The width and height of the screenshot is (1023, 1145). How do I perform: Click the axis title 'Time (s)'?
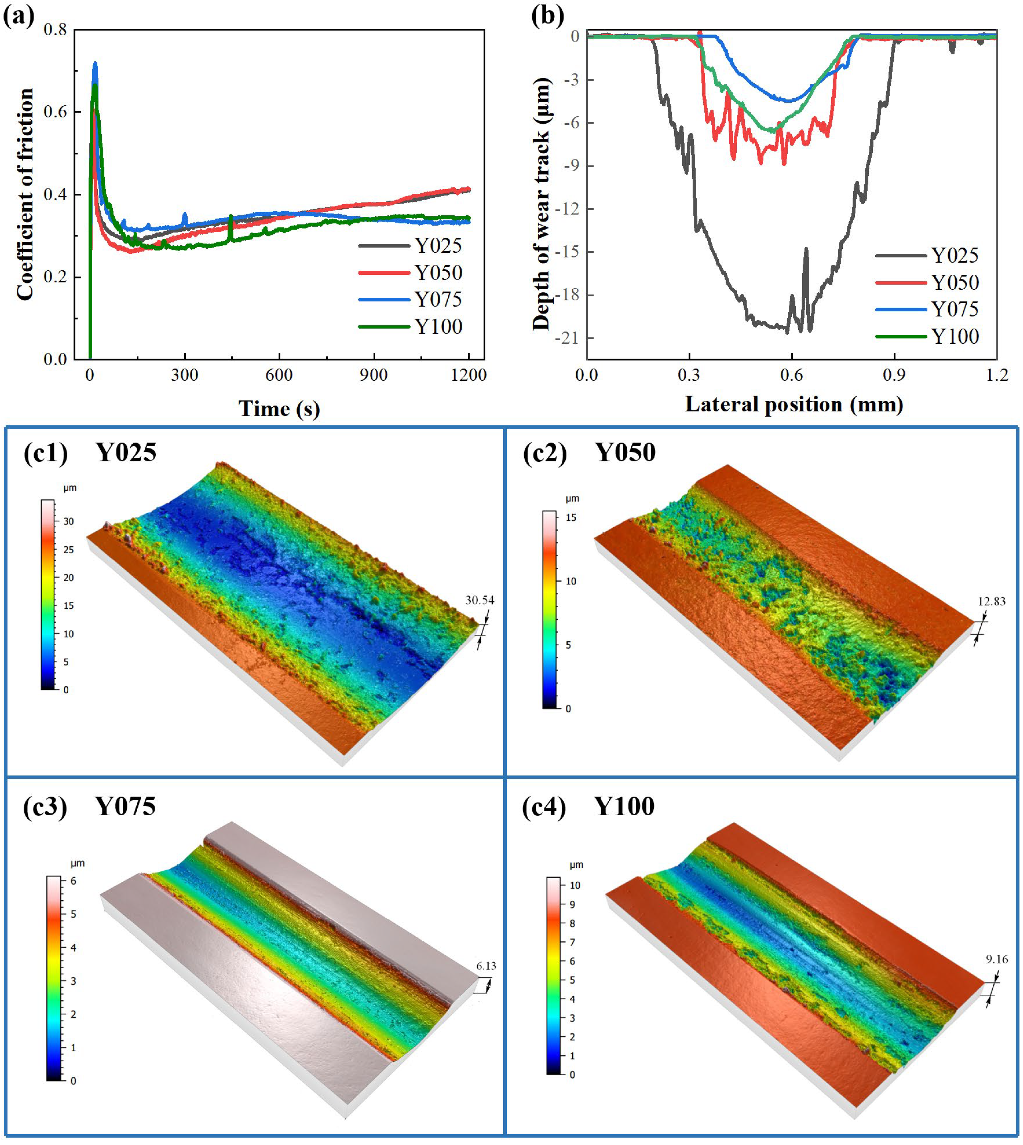pos(279,409)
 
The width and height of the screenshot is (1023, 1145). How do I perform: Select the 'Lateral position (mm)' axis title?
pos(794,404)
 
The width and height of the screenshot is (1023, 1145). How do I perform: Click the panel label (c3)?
pos(45,807)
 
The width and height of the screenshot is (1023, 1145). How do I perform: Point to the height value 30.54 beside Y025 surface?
pos(480,600)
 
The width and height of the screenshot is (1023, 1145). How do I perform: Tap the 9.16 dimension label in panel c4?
pos(997,959)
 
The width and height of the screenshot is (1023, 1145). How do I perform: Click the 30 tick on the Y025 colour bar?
pos(68,521)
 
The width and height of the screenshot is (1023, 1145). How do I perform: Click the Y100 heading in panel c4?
pos(624,807)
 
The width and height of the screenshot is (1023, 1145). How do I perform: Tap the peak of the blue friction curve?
pos(95,63)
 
